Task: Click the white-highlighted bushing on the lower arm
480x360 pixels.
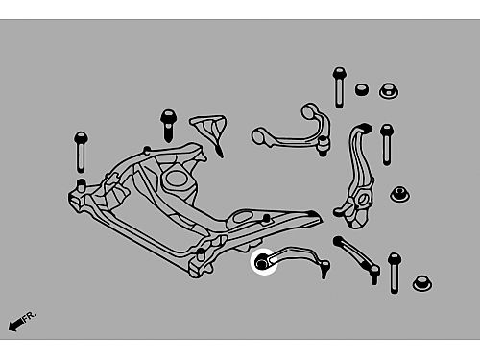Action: point(263,263)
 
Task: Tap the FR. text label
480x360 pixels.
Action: point(30,317)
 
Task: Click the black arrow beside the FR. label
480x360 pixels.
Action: point(16,324)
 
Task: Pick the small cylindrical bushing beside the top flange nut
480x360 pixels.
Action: point(362,89)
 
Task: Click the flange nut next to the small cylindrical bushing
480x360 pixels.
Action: point(389,91)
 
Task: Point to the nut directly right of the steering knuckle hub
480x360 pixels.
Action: point(399,194)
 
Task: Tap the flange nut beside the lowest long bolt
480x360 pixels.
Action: point(422,284)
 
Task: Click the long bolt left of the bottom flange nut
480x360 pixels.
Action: point(395,273)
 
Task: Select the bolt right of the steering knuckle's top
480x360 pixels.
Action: point(387,145)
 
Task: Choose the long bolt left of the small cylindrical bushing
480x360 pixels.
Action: point(339,87)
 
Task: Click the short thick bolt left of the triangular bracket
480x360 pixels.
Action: point(168,126)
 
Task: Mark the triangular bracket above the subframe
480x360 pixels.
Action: point(209,132)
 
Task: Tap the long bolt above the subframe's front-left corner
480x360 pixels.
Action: point(81,152)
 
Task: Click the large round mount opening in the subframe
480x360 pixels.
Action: point(175,179)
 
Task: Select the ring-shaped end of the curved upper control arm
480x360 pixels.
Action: point(309,111)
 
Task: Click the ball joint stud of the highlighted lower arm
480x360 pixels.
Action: point(324,270)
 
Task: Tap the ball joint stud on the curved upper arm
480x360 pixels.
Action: point(324,146)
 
